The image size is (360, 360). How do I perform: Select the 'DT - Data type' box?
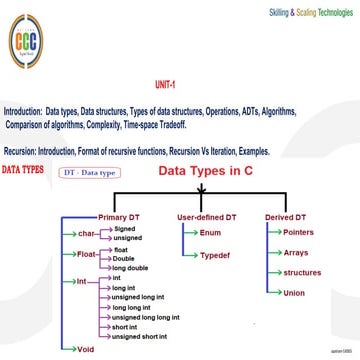[x=90, y=173]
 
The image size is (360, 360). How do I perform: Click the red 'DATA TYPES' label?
[x=23, y=171]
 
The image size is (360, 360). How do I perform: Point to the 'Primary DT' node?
[x=120, y=216]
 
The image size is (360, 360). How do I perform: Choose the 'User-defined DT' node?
[x=206, y=216]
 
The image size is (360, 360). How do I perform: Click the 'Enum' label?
[x=210, y=232]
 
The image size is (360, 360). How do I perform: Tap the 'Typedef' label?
[x=214, y=256]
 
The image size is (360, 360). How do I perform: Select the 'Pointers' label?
[x=298, y=232]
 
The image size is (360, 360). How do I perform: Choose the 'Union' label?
[x=294, y=293]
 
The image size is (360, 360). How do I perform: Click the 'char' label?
[x=86, y=233]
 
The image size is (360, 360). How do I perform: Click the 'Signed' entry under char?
[x=124, y=228]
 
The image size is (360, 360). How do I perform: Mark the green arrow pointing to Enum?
[x=189, y=232]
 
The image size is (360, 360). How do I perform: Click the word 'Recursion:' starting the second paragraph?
[x=21, y=150]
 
